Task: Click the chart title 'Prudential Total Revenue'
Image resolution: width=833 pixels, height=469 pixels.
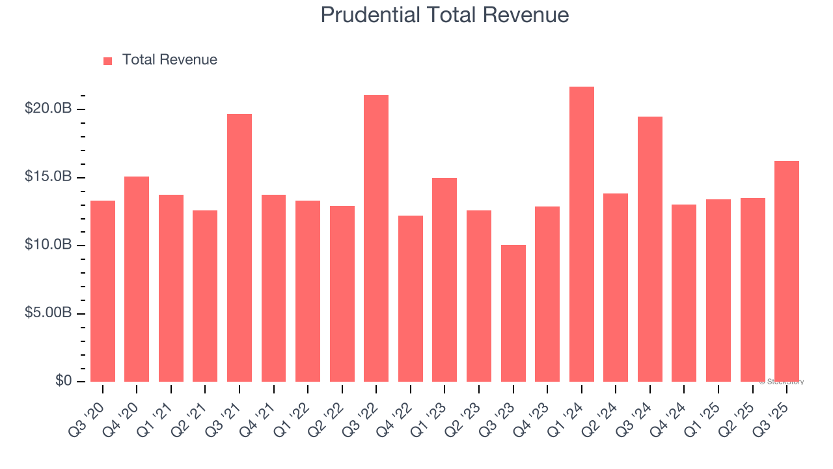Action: [x=444, y=15]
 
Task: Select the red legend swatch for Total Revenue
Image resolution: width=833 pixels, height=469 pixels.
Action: [x=108, y=61]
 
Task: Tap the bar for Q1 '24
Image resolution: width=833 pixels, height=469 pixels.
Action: [x=581, y=234]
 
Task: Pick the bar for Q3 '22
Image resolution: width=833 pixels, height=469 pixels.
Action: [x=376, y=238]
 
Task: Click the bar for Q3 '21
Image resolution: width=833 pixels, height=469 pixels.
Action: [x=239, y=248]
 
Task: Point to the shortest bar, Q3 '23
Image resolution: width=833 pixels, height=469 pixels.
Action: [x=513, y=313]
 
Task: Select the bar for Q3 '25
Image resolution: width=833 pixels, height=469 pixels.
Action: [x=787, y=271]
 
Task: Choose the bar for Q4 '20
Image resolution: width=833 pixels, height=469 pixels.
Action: [x=137, y=279]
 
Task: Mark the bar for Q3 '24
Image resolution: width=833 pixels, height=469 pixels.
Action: [x=649, y=249]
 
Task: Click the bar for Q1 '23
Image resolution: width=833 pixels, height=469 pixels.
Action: [x=444, y=279]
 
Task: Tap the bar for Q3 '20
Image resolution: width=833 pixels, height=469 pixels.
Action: [x=103, y=291]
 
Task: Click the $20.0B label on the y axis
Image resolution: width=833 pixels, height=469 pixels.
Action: [x=48, y=109]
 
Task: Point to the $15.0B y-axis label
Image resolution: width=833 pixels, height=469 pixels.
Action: [x=48, y=177]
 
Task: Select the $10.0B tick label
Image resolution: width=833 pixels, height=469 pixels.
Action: [x=48, y=245]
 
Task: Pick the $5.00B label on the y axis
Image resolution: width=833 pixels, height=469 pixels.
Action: [x=48, y=313]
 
